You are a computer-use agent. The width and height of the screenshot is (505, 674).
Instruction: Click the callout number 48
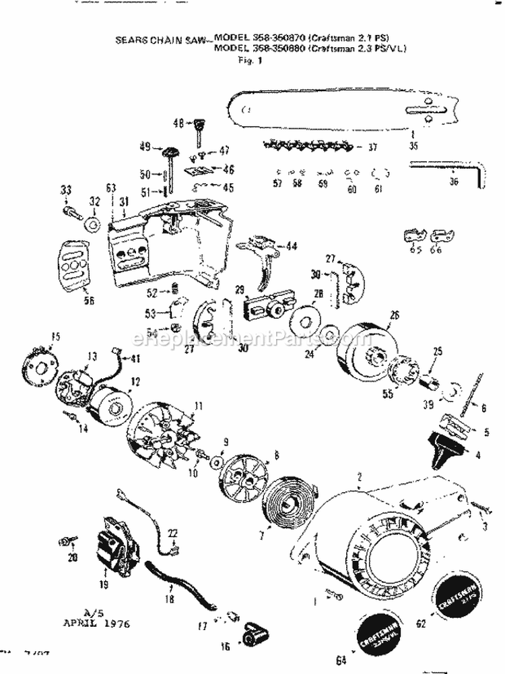178,123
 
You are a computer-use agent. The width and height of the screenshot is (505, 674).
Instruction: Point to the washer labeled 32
93,220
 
